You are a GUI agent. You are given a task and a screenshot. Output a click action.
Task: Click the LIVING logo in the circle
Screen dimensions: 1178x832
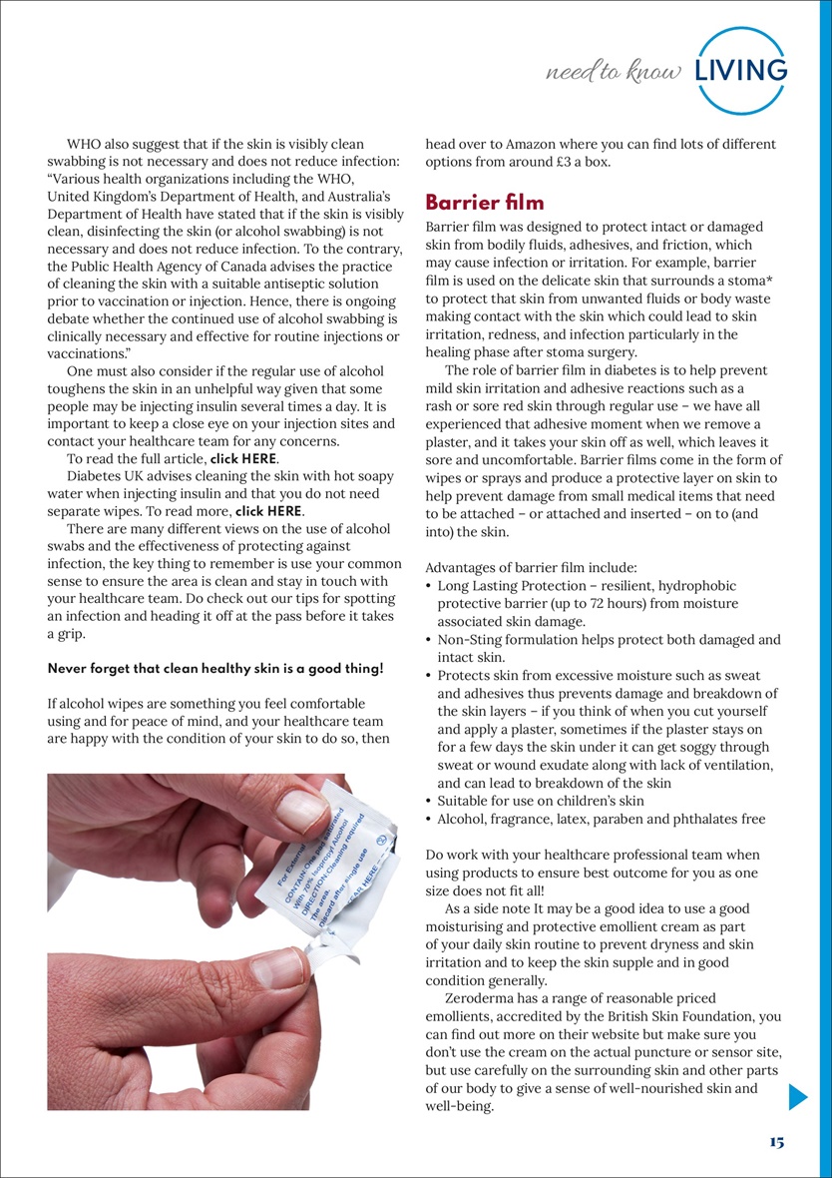coord(741,70)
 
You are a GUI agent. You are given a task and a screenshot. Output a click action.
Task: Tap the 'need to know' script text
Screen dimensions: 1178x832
coord(615,72)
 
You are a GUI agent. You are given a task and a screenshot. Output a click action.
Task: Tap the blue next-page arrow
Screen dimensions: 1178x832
coord(797,1097)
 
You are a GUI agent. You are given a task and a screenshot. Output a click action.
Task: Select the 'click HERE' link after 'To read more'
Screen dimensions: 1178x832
coord(268,510)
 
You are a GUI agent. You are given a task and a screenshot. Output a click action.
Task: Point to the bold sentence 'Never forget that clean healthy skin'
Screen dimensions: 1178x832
coord(214,667)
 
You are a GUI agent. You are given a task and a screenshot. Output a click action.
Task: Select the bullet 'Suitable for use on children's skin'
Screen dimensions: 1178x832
coord(541,801)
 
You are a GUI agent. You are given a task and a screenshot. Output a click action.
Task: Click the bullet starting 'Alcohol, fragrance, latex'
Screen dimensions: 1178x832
coord(601,819)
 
